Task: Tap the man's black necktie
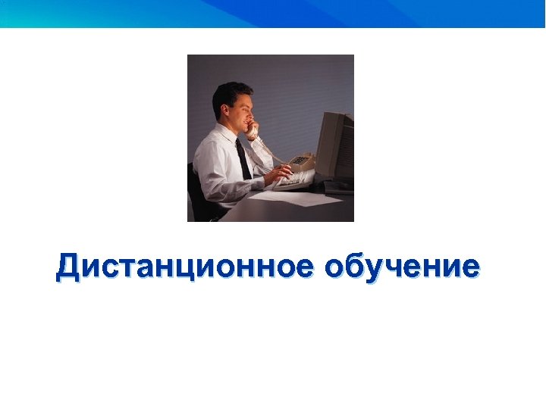click(243, 159)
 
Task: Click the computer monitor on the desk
click(334, 148)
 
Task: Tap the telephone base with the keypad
click(302, 161)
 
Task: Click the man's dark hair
click(229, 95)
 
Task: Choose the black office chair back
click(194, 189)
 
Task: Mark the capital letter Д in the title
click(67, 267)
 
